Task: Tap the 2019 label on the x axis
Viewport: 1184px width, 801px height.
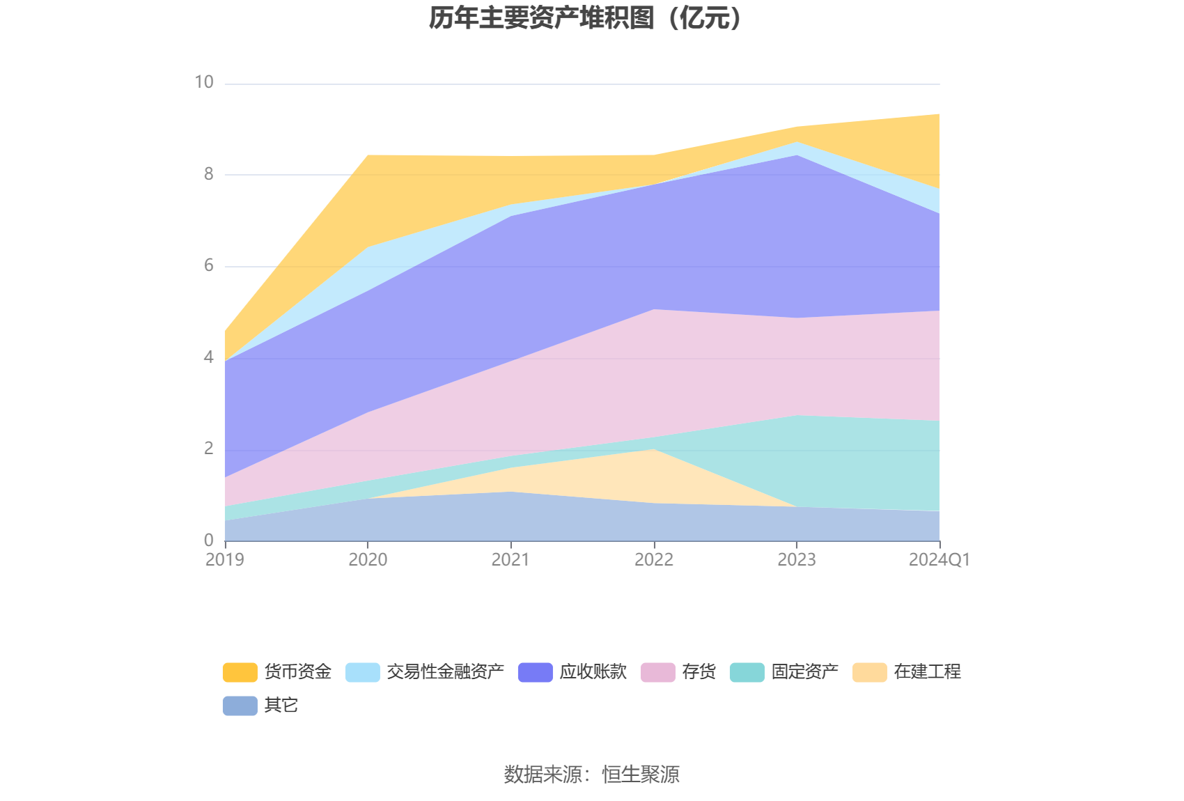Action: click(225, 560)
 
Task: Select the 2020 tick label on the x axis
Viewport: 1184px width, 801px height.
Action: click(368, 560)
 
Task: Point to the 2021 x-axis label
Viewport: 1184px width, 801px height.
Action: click(511, 560)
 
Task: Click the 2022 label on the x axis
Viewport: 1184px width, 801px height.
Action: click(654, 560)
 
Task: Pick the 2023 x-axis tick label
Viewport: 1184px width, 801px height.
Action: click(797, 560)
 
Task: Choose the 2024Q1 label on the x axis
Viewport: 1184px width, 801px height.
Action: click(939, 560)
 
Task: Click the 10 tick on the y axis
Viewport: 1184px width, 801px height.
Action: click(204, 83)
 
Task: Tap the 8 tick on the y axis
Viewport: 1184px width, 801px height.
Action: click(209, 175)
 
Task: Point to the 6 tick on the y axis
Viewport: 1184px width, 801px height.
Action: click(209, 266)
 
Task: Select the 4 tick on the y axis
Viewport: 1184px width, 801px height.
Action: click(209, 358)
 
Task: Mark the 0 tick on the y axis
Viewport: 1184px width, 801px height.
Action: click(209, 541)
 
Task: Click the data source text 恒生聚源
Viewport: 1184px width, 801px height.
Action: click(641, 775)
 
